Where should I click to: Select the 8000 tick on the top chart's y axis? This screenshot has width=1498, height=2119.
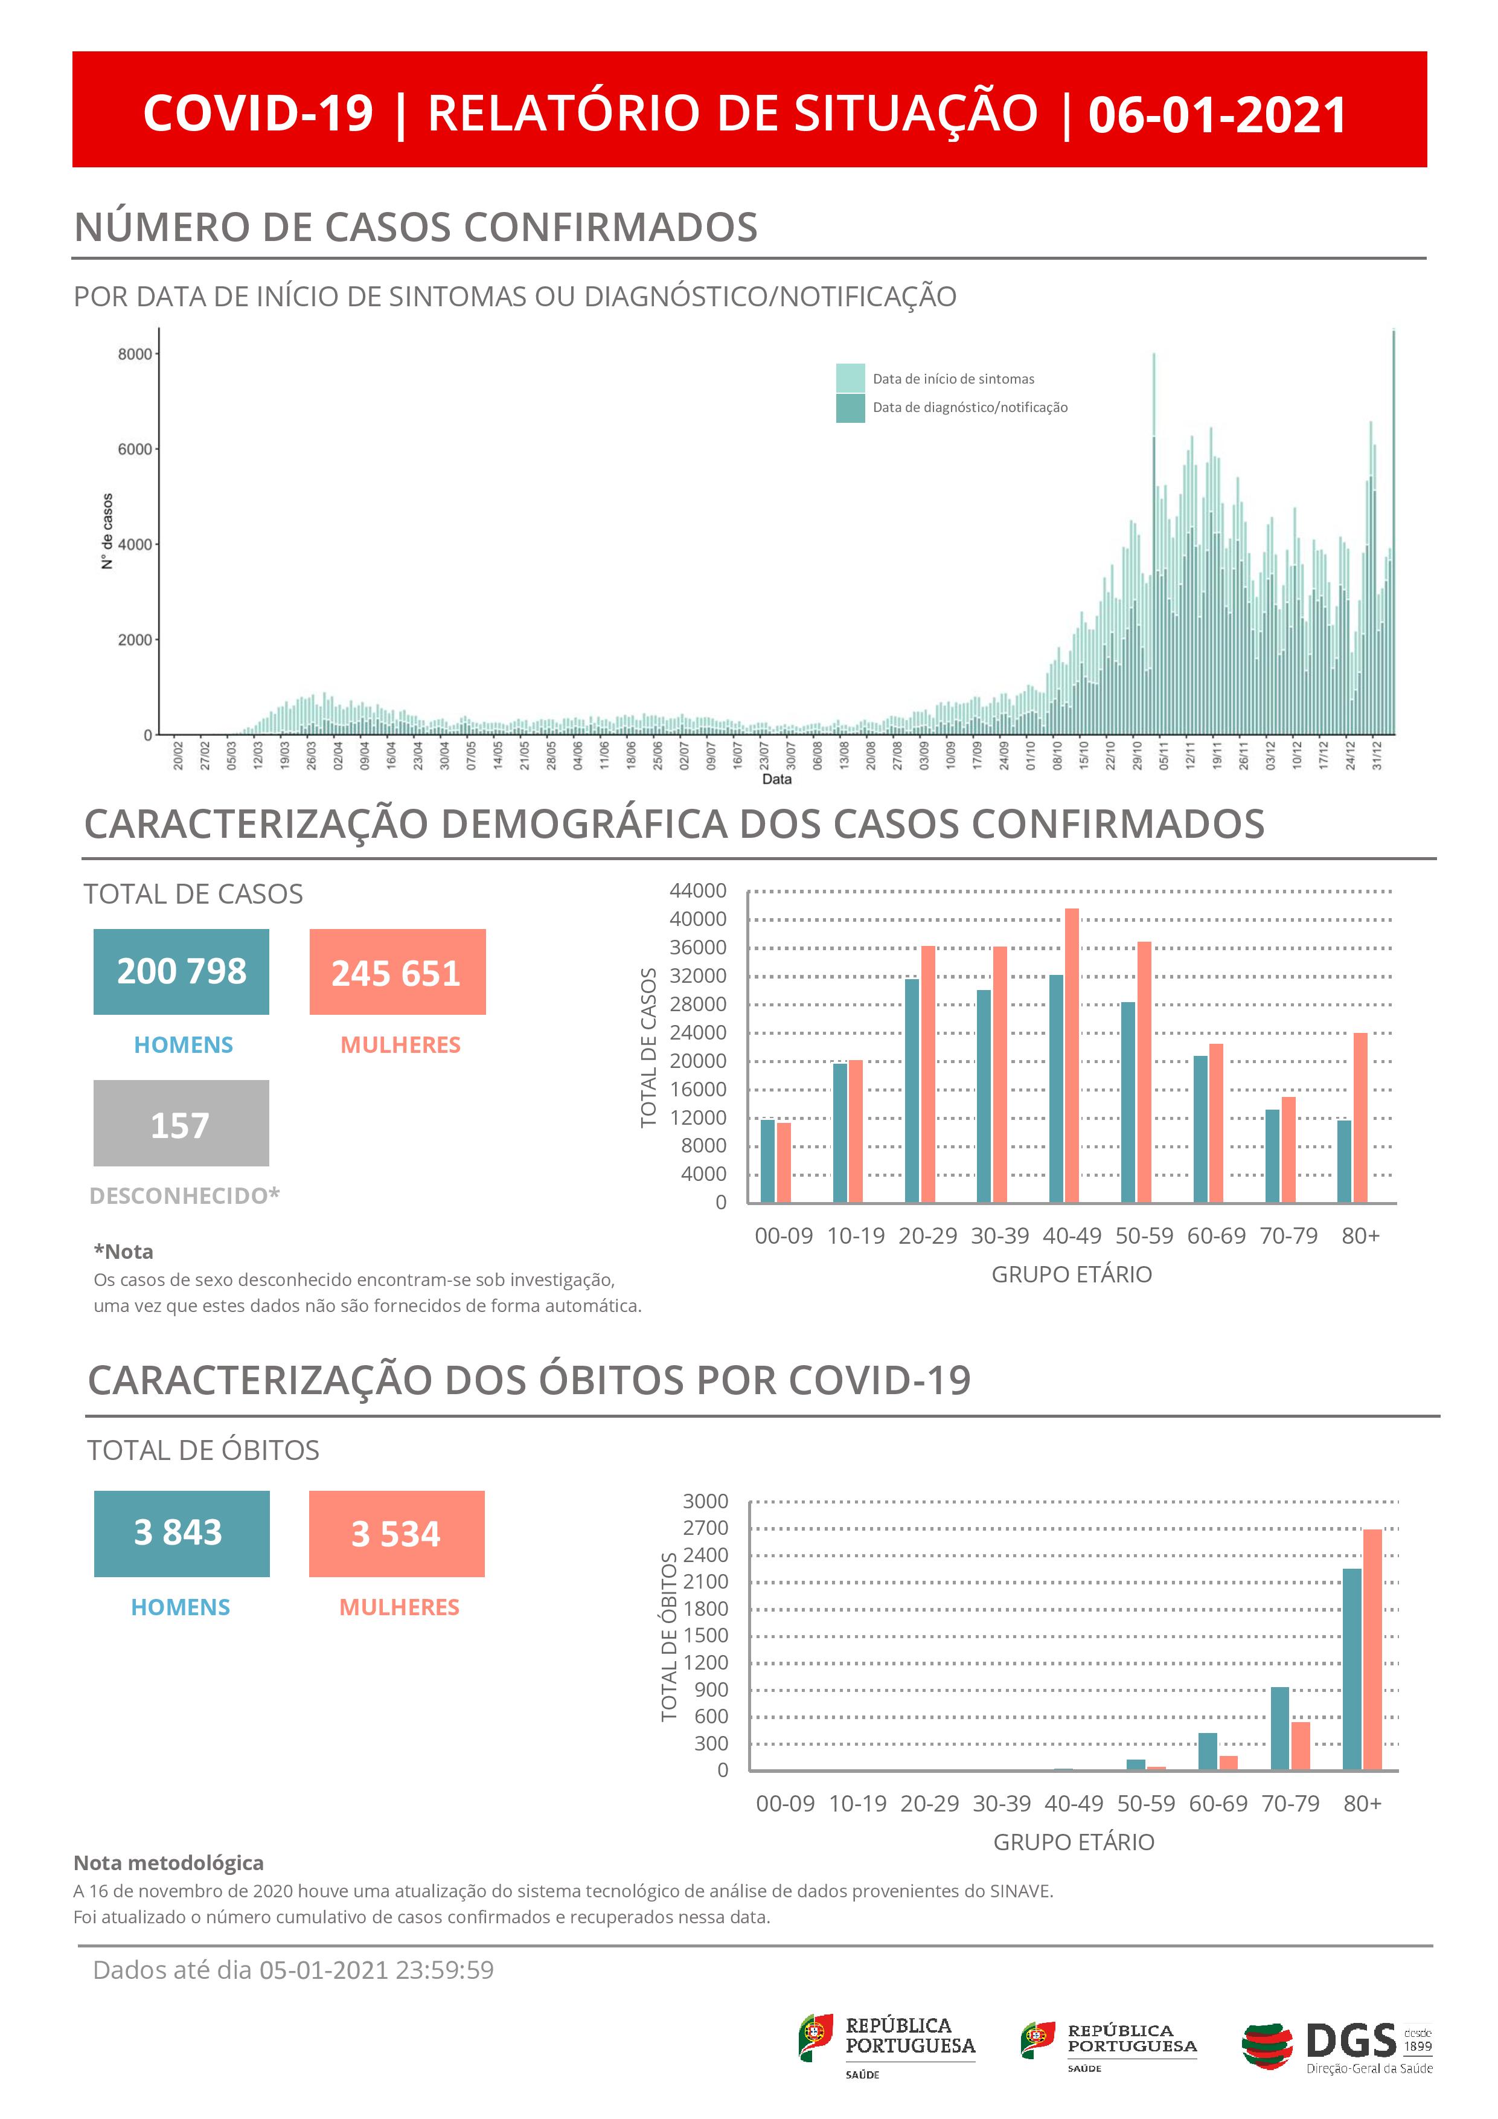coord(135,355)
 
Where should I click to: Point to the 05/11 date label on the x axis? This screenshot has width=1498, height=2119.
coord(1164,756)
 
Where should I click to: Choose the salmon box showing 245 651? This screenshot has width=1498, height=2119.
coord(397,972)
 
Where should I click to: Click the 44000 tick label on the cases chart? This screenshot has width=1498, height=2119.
coord(698,890)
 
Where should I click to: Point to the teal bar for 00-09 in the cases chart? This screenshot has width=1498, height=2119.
coord(767,1160)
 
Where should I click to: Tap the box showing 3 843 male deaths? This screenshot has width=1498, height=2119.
coord(182,1533)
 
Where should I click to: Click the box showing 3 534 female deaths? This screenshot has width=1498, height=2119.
coord(397,1533)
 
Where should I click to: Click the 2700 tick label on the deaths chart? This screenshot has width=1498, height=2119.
coord(706,1528)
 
